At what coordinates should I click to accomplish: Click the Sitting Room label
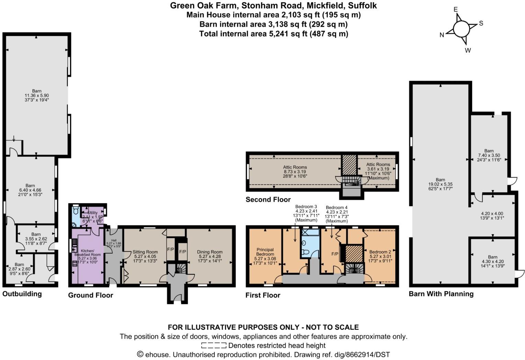145,252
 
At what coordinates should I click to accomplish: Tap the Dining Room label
210,252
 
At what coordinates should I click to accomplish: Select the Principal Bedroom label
265,252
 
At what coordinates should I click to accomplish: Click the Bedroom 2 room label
380,252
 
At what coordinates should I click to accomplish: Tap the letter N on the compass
442,35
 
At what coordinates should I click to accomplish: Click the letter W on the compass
468,50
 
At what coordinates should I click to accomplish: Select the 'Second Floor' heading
268,200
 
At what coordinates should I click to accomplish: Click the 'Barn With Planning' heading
441,294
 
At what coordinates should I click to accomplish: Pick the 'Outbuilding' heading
22,294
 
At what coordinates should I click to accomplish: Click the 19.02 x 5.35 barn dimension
440,184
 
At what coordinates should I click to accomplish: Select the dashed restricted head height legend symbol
214,345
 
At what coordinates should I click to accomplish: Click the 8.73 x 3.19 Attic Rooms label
295,172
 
